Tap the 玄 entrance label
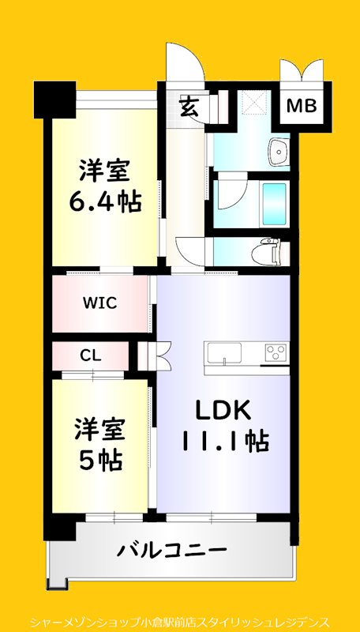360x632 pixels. [189, 105]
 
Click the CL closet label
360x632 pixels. [90, 355]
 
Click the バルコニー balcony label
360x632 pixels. [173, 549]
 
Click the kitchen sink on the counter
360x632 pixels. [223, 353]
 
